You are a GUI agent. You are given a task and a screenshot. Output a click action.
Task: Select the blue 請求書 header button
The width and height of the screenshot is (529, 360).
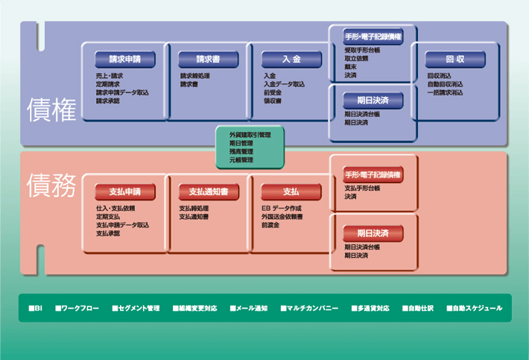(x=208, y=60)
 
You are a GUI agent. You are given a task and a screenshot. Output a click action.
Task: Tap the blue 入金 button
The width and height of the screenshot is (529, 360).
(x=291, y=60)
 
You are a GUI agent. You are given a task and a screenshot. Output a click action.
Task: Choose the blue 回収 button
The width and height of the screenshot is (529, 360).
(x=455, y=60)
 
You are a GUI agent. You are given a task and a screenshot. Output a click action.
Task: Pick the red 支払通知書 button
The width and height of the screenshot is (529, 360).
(x=208, y=192)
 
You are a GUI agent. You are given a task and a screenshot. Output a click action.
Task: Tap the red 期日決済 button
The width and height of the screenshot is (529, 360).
(x=373, y=233)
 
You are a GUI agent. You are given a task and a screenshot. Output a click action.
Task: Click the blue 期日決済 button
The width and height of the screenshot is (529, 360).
(x=373, y=100)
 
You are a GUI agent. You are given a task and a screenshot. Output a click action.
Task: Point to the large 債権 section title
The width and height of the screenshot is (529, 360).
(x=51, y=110)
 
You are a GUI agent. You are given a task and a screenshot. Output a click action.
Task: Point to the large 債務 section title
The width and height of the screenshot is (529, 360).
(x=51, y=186)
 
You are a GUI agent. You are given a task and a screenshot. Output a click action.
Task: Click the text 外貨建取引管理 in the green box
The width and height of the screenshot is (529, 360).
(x=250, y=135)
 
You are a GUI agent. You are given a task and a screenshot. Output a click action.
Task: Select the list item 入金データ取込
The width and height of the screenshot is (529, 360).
(x=284, y=84)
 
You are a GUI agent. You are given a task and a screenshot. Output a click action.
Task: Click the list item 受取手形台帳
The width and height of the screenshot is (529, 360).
(x=363, y=50)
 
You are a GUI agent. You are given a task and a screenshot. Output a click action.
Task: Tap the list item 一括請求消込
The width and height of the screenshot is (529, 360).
(x=445, y=92)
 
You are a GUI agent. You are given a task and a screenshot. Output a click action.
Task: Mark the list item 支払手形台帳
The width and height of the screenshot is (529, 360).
(x=363, y=189)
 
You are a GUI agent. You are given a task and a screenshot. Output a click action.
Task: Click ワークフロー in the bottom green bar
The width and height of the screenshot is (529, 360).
(x=80, y=308)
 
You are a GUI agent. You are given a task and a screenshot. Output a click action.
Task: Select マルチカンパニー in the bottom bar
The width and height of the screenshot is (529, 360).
(x=312, y=308)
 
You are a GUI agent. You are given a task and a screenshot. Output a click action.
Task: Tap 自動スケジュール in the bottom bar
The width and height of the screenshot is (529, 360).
(x=477, y=308)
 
